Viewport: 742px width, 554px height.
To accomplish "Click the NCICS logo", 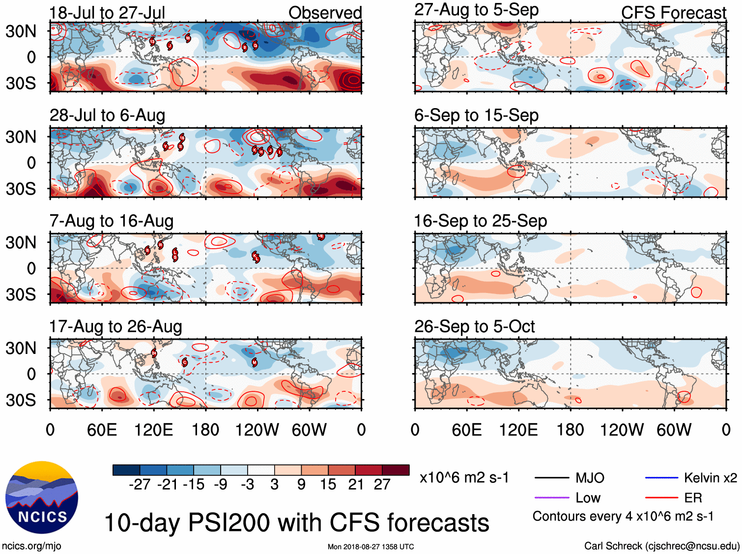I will click(42, 497).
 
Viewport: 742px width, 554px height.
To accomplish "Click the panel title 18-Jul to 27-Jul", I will click(107, 12).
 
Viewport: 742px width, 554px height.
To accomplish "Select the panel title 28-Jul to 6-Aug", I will click(107, 116).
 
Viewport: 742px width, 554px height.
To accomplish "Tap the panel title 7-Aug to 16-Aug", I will click(112, 221).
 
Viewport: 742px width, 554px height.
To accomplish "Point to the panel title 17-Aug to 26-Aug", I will click(115, 327).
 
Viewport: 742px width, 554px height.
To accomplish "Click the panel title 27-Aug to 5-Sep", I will click(476, 10).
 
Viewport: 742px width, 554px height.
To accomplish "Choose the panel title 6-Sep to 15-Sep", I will click(476, 116).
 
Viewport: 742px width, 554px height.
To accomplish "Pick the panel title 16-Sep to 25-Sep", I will click(480, 221).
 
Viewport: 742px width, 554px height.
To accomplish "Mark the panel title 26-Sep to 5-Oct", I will click(474, 327).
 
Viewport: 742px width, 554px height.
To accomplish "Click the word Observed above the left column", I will click(325, 13).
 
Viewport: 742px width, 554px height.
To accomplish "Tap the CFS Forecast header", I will click(673, 13).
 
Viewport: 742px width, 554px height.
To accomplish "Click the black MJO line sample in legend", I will click(551, 477).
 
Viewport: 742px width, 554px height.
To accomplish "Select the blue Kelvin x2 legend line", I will click(661, 477).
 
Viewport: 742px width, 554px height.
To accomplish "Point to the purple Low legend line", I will click(551, 498).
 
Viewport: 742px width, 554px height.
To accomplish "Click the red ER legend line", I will click(661, 498).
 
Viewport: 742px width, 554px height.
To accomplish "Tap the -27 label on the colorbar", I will click(140, 485).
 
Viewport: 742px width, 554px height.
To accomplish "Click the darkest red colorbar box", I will click(396, 470).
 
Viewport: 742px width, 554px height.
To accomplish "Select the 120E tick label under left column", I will click(153, 430).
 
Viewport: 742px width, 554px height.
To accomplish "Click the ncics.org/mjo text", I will click(31, 546).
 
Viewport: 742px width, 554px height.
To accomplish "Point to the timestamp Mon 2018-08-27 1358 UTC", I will click(371, 547).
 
